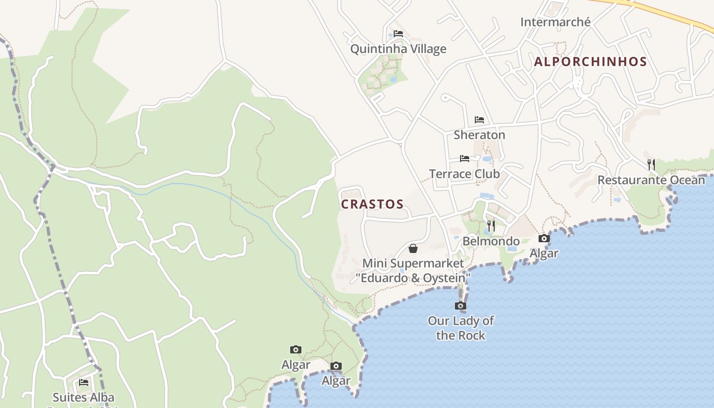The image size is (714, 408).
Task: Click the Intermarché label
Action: [x=555, y=22]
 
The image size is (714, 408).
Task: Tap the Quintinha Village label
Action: [x=398, y=49]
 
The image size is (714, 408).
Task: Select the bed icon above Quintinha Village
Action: [x=398, y=34]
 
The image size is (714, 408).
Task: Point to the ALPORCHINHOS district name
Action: [x=590, y=62]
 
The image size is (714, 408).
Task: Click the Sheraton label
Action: [x=479, y=135]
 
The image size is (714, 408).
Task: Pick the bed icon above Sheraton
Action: [x=479, y=120]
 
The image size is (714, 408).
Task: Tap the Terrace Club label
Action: [x=464, y=173]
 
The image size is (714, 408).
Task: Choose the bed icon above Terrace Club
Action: [x=465, y=159]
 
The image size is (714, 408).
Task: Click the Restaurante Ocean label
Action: [x=651, y=180]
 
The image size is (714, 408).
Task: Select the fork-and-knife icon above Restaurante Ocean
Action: [x=651, y=164]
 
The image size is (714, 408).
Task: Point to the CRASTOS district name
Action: [x=372, y=204]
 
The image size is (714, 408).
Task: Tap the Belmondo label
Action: [x=491, y=241]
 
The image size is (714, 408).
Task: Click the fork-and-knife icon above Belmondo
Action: [x=491, y=225]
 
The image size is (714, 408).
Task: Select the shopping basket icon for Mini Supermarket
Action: [x=413, y=248]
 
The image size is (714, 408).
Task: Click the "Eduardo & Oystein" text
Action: [x=413, y=278]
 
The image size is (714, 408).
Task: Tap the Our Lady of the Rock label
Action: [x=461, y=328]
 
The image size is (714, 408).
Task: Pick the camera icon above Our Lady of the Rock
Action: [x=461, y=306]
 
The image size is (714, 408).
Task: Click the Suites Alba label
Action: [x=84, y=397]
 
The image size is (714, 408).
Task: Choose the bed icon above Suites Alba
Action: [x=84, y=382]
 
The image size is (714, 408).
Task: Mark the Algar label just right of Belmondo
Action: [x=544, y=253]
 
